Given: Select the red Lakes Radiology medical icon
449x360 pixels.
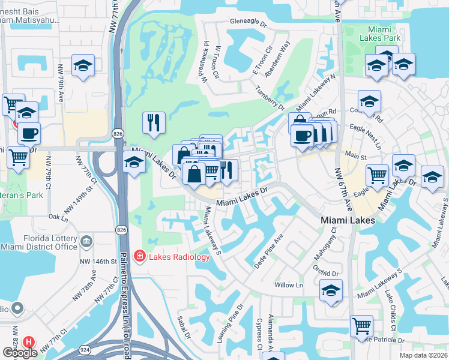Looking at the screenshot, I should click(140, 257).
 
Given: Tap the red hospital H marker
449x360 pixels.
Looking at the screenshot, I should click(28, 341).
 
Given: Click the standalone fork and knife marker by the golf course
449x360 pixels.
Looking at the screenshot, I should click(154, 122).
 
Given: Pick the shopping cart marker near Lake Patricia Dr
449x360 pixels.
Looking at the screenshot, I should click(361, 326).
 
